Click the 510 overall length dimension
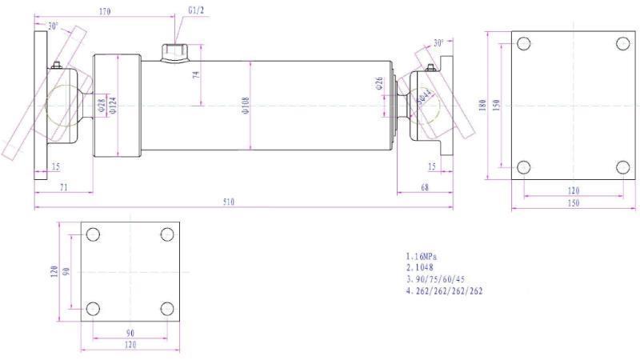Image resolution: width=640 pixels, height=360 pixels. [x=228, y=202]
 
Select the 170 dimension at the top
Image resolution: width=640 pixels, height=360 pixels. [x=105, y=12]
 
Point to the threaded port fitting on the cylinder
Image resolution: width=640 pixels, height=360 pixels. [x=174, y=53]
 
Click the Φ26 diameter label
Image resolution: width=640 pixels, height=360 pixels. [x=379, y=83]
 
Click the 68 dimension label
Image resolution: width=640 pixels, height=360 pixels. [x=424, y=186]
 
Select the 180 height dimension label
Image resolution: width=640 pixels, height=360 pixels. [x=483, y=106]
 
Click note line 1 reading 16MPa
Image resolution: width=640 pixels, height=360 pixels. [x=427, y=258]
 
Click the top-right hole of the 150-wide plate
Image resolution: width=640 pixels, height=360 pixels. [x=623, y=43]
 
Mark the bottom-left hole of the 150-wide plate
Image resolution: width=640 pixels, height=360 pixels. [x=522, y=167]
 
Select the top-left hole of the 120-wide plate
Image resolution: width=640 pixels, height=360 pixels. [x=93, y=234]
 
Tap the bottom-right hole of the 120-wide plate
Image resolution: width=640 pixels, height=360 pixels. [x=167, y=309]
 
